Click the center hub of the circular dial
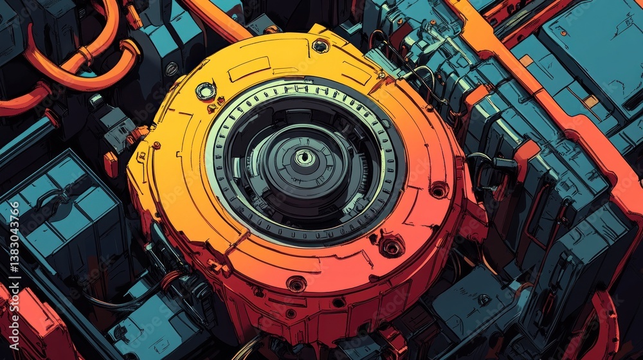304,157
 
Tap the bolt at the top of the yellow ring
320,46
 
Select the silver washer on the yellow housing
206,91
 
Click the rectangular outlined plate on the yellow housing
248,69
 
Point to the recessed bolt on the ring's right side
439,190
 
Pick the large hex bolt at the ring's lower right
392,246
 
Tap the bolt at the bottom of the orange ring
296,283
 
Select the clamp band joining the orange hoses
86,54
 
